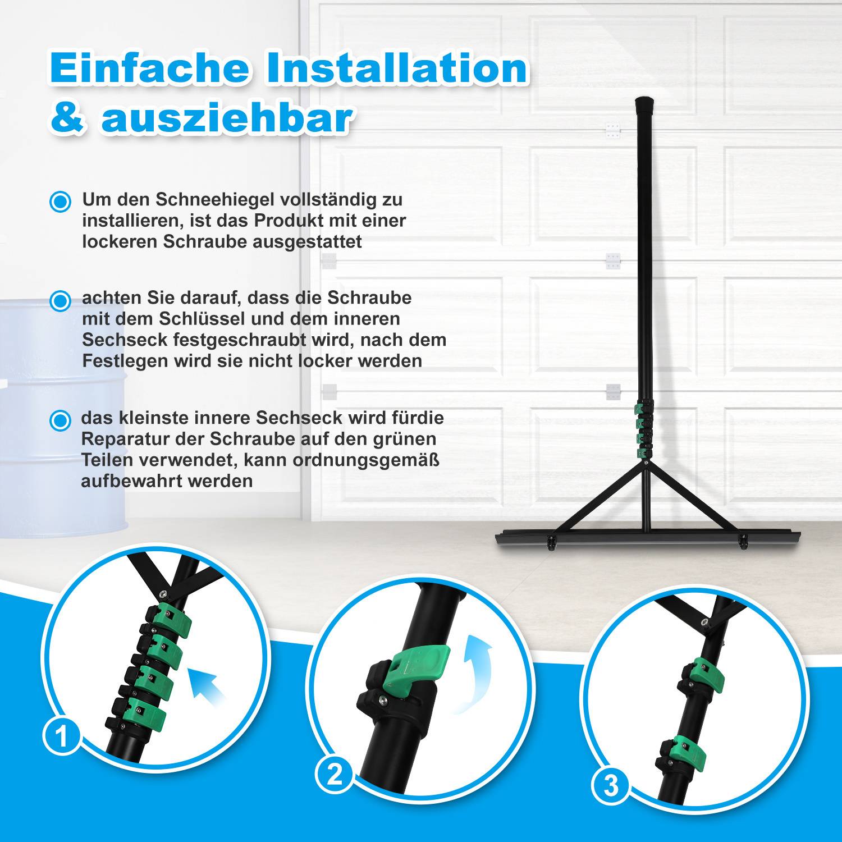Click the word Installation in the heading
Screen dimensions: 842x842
(396, 68)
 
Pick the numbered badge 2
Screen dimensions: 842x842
(335, 775)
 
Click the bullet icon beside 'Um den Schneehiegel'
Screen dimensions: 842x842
(60, 201)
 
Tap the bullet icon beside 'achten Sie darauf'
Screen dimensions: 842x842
(60, 300)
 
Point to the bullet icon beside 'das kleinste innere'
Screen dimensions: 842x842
(60, 420)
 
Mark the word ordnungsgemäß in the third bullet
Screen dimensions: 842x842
(366, 460)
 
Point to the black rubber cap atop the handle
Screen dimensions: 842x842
(644, 105)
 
